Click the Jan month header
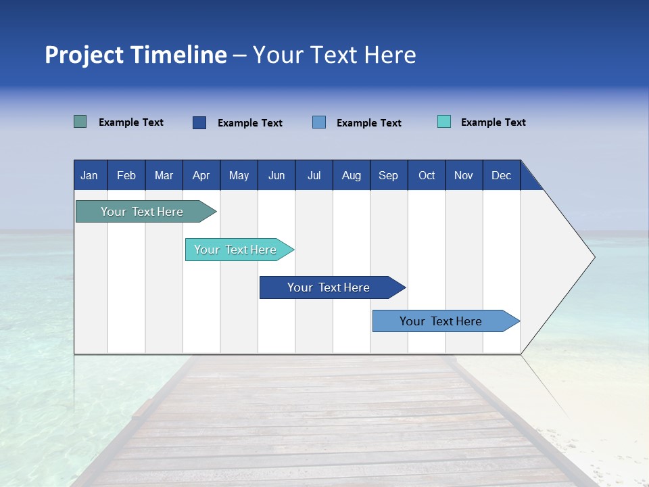point(89,176)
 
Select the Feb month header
point(126,176)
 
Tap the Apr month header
point(201,176)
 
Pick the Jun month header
point(277,176)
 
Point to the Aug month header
point(352,176)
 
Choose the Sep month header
point(389,176)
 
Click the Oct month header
point(427,176)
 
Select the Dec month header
point(502,176)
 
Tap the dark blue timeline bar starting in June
point(329,287)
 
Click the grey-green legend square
point(80,122)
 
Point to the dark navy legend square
point(199,122)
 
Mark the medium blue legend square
point(319,122)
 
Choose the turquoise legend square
point(444,122)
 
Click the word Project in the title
point(84,55)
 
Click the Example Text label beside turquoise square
point(494,122)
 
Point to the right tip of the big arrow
point(593,257)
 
